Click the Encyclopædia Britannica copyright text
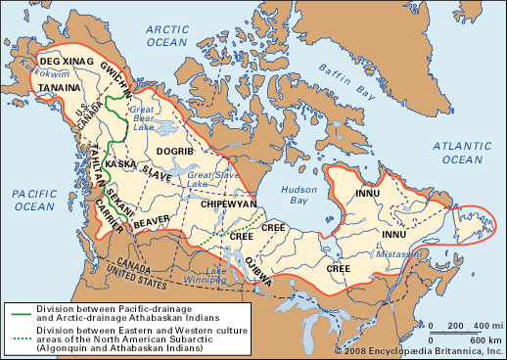[x=419, y=350]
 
